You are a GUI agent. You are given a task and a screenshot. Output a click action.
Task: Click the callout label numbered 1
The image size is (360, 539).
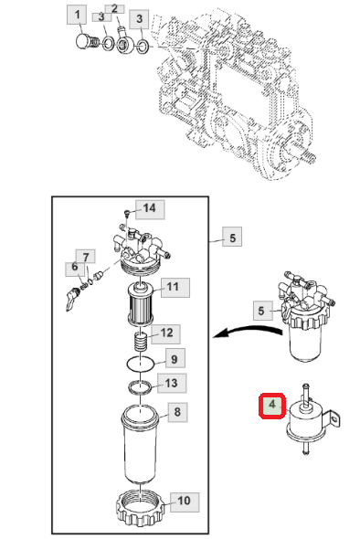click(x=77, y=16)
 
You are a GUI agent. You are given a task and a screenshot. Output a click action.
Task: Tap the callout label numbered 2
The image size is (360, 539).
click(x=114, y=9)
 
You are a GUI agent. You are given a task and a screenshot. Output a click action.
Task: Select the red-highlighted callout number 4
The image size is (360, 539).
click(x=272, y=406)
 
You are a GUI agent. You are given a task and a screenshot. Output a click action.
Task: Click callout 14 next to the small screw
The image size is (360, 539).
click(x=150, y=209)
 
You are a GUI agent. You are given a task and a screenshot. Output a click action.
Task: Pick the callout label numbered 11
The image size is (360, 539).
click(x=173, y=288)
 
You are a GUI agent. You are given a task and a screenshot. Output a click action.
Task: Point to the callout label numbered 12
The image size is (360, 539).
click(x=166, y=333)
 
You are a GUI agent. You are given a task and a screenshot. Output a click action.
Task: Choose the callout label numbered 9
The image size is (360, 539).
click(x=175, y=358)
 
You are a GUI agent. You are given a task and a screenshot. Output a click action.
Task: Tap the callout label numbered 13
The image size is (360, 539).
click(x=172, y=383)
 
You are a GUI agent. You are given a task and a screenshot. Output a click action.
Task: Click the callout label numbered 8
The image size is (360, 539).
click(x=177, y=412)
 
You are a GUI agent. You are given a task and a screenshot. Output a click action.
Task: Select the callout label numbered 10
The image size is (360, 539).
click(x=185, y=502)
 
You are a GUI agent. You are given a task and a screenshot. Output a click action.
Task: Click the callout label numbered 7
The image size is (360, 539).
click(x=86, y=257)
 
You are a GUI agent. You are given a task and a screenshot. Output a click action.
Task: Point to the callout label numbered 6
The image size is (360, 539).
click(x=75, y=268)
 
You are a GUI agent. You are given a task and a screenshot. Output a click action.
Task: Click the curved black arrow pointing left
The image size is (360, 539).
click(x=247, y=331)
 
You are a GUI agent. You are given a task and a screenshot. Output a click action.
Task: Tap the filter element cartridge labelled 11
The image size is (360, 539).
click(x=141, y=303)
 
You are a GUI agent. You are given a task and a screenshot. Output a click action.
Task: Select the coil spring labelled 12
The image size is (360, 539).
click(x=141, y=342)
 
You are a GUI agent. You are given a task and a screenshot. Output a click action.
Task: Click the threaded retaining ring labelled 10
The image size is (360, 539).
click(x=142, y=510)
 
